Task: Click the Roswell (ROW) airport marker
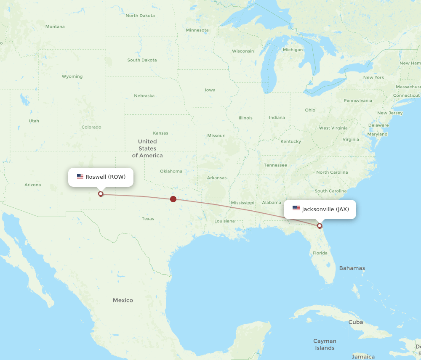[x=101, y=194]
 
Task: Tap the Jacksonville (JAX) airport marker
[x=320, y=226]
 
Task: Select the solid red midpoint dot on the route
[x=173, y=199]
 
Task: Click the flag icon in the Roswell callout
[x=80, y=177]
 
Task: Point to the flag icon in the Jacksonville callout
[x=296, y=209]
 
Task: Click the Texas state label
[x=148, y=219]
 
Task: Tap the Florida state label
[x=320, y=253]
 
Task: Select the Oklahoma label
[x=171, y=171]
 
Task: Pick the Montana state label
[x=55, y=26]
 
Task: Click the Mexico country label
[x=123, y=300]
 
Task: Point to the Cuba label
[x=356, y=322]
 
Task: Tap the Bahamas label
[x=352, y=268]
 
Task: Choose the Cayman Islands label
[x=325, y=344]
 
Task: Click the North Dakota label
[x=140, y=16]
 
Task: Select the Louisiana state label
[x=224, y=221]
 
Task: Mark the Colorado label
[x=91, y=127]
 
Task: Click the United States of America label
[x=147, y=148]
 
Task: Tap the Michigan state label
[x=293, y=50]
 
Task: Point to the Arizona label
[x=33, y=185]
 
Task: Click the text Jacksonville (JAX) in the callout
[x=325, y=209]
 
